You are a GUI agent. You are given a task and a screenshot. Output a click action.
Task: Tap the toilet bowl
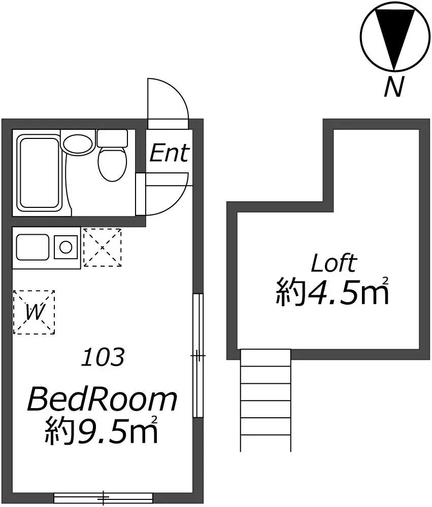point(112,164)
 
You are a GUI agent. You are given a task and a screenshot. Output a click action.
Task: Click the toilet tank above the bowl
point(112,138)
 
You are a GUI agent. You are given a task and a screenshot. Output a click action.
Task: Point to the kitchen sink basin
point(32,247)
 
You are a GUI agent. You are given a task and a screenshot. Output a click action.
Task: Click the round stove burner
point(66,247)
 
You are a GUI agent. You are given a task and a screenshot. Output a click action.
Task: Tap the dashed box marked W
point(34,312)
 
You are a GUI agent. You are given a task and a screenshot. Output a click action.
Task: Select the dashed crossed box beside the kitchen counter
point(103,247)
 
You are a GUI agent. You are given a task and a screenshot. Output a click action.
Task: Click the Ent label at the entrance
point(169,153)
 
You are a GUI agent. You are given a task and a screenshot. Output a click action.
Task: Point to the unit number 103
point(103,357)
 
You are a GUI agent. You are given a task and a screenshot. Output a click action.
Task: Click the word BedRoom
point(103,400)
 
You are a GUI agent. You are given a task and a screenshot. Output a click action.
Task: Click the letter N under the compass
point(394,87)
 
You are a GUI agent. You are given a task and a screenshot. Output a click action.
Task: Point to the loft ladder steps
point(265,401)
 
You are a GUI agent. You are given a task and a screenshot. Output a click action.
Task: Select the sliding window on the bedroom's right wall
point(197,355)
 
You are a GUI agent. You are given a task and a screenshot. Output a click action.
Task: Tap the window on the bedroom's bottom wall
point(103,497)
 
